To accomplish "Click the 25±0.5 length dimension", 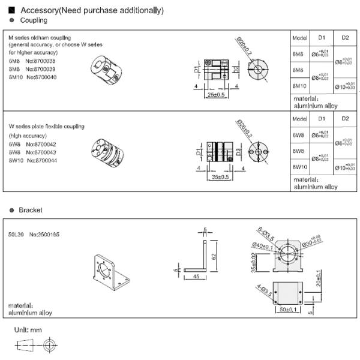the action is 216,94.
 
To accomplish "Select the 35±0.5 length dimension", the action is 220,176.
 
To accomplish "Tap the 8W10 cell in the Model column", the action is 300,167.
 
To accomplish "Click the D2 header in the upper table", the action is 345,38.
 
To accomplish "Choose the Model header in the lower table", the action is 299,119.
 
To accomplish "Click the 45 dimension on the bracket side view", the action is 196,277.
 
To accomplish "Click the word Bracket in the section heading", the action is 31,211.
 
